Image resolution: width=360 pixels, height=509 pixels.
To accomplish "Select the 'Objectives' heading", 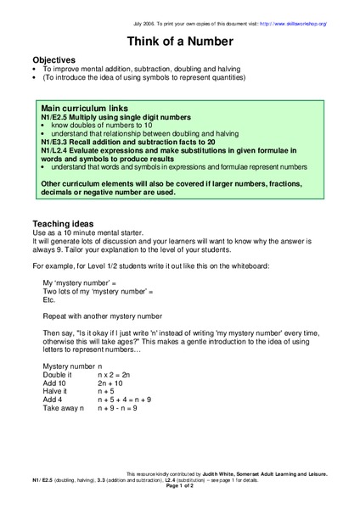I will point(53,60).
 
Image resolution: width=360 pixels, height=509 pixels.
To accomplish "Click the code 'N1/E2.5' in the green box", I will point(55,117).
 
